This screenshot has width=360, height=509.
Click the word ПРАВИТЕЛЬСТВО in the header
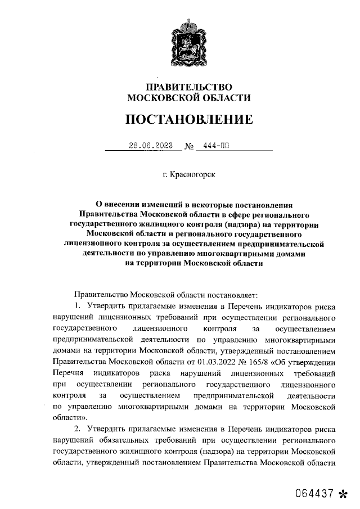(x=188, y=87)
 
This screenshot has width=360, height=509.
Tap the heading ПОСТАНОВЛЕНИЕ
(x=188, y=120)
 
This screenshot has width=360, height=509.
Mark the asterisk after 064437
(x=343, y=494)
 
